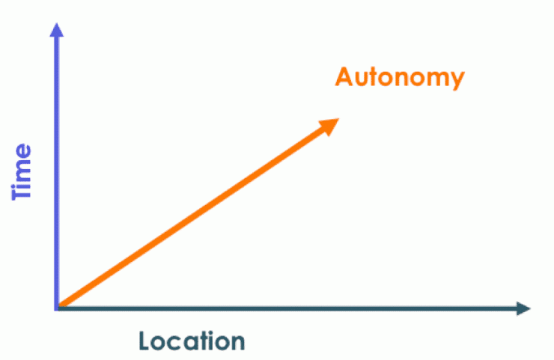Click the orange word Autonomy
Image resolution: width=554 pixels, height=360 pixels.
(400, 78)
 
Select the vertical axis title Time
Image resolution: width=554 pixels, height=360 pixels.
(22, 171)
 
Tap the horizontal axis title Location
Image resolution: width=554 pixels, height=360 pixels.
(192, 341)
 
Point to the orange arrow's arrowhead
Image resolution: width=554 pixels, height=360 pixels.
(329, 126)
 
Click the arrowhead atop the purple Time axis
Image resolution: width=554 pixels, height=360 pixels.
(57, 30)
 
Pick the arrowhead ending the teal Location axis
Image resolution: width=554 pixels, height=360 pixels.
(523, 308)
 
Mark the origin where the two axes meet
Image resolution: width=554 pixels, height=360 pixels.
(57, 308)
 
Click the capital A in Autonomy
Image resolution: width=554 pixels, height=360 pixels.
(345, 76)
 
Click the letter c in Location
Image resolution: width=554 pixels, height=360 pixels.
(178, 343)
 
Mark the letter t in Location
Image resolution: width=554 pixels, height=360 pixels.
(207, 341)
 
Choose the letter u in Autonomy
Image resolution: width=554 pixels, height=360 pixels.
(364, 79)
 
